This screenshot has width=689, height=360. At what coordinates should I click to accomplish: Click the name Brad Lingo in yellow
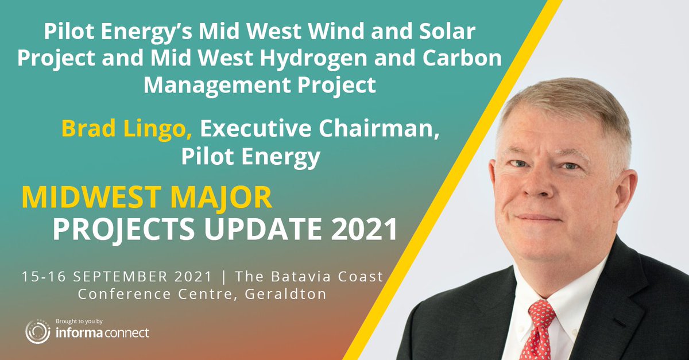[x=127, y=129]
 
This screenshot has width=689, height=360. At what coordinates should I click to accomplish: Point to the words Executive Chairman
[x=319, y=129]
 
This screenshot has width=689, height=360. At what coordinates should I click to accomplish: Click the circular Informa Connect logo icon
[x=36, y=332]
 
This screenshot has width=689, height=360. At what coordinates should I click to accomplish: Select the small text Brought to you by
[x=79, y=321]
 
